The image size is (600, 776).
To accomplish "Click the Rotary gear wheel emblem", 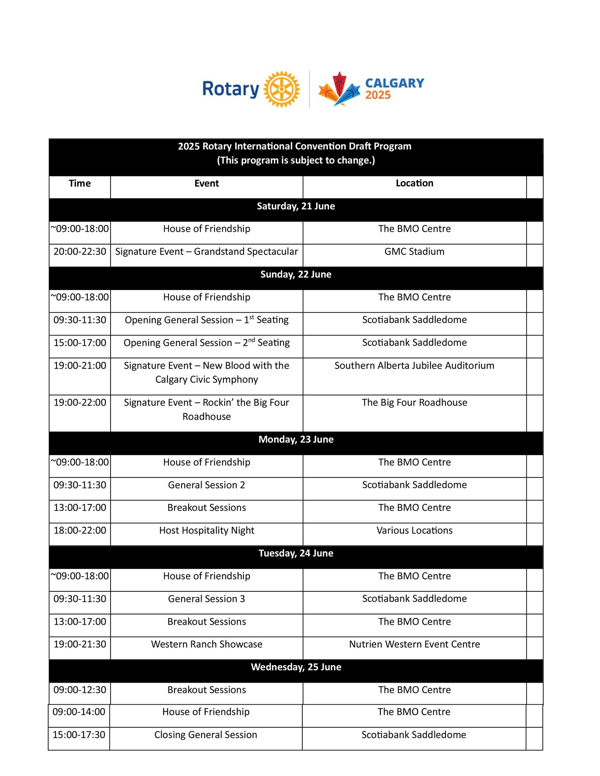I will tap(282, 89).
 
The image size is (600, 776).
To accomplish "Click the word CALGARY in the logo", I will tap(395, 83).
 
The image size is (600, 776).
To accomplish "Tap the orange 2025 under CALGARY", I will tap(378, 95).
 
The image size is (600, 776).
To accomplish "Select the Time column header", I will tap(80, 183).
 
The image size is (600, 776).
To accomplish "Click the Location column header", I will tap(414, 183).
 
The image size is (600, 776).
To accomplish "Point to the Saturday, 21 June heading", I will tap(296, 207).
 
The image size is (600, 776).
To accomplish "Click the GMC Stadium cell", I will tap(414, 252).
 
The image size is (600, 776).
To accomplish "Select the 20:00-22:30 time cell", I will tap(80, 252).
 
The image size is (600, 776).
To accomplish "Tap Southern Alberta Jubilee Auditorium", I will tap(414, 366).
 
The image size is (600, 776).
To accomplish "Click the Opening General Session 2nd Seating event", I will tap(207, 343).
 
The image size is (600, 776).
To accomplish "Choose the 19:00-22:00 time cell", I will tap(80, 403).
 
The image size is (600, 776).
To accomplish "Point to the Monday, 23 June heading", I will tap(296, 440).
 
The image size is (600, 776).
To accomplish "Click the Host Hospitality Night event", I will tap(207, 531).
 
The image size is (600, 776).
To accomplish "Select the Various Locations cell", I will tap(414, 531).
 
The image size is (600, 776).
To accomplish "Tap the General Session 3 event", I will tap(207, 599).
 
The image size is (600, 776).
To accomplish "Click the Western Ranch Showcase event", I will tap(207, 644).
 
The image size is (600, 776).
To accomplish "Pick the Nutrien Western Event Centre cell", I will tap(414, 644).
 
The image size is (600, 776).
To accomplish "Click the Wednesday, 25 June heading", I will tap(296, 667).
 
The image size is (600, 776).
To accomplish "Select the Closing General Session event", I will tap(205, 735).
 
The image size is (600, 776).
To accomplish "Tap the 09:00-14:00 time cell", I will tap(79, 712).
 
